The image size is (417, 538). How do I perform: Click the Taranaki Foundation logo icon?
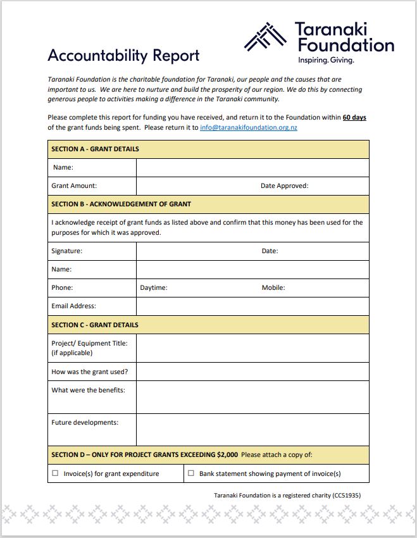click(266, 37)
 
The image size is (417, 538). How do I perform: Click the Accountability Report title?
click(123, 56)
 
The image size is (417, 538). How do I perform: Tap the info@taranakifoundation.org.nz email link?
click(249, 127)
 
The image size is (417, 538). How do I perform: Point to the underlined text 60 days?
click(354, 118)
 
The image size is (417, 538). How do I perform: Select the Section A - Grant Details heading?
click(95, 149)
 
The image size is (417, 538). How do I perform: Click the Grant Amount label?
click(74, 186)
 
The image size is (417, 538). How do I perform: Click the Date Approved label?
click(284, 186)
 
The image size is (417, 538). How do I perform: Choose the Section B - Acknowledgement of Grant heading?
click(121, 204)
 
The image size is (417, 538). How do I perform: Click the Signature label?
click(66, 251)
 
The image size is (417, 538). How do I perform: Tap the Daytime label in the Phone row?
click(154, 288)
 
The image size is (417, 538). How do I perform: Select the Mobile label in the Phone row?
click(273, 288)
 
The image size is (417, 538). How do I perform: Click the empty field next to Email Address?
click(252, 306)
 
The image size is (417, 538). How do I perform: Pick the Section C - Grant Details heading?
click(95, 325)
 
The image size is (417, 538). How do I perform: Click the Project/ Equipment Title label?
click(89, 344)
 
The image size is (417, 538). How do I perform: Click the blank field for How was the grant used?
click(252, 372)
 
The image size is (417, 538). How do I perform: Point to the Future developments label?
click(85, 422)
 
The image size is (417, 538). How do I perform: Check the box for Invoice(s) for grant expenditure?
click(55, 473)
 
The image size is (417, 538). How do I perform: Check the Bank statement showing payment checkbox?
click(191, 473)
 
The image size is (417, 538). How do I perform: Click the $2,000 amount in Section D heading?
click(227, 455)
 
